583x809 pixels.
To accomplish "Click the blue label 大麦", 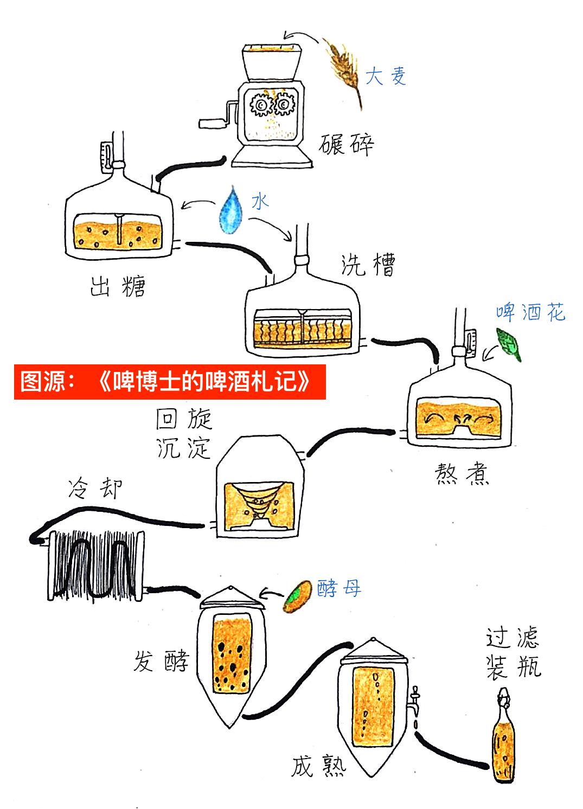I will tap(386, 76).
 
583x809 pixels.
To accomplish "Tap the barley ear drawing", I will tap(344, 68).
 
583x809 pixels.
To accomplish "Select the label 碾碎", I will tap(346, 144).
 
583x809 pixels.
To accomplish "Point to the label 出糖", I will tap(118, 286).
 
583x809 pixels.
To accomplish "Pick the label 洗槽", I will tap(368, 265).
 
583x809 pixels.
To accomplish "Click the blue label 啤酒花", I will tap(530, 312).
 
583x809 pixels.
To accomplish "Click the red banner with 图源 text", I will tap(170, 382).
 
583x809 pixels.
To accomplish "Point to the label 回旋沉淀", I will tap(184, 434).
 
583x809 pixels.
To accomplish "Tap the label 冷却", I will tap(95, 489).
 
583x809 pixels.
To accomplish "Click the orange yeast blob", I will tap(297, 596).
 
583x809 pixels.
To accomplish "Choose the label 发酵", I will tap(161, 662).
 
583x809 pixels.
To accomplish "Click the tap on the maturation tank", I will tap(415, 703).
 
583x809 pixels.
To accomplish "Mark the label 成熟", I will tap(318, 767).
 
